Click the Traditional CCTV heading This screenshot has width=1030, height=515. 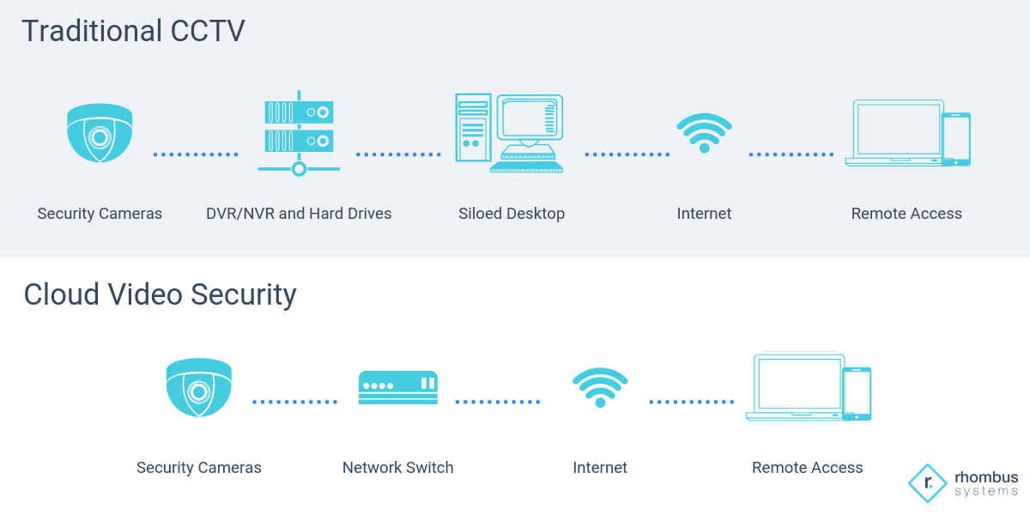click(x=133, y=31)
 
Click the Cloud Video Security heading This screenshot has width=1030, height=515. click(x=160, y=294)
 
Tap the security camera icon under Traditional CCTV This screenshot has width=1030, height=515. click(x=100, y=133)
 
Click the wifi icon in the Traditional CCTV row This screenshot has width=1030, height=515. click(x=704, y=133)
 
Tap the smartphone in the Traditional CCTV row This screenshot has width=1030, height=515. click(x=956, y=139)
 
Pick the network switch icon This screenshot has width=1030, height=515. click(x=397, y=387)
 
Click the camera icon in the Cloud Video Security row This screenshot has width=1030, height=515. click(x=198, y=387)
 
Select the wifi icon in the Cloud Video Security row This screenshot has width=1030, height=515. click(x=600, y=387)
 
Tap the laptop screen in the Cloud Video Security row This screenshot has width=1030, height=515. click(x=799, y=383)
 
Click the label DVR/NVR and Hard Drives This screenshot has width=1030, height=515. click(x=299, y=214)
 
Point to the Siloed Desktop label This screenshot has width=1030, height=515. click(x=512, y=214)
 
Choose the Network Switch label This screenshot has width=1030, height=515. click(x=397, y=468)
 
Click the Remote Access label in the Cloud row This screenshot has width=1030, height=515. click(x=807, y=468)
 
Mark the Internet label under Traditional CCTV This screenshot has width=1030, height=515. click(x=704, y=214)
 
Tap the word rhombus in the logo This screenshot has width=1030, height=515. click(x=986, y=477)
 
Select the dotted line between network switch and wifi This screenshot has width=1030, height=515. click(x=498, y=402)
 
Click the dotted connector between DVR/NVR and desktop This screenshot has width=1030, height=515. click(x=398, y=154)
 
